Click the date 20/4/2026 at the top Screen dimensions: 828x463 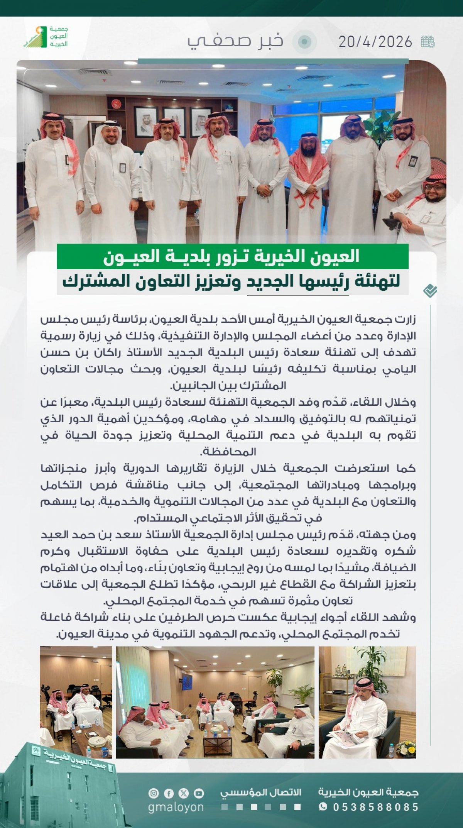tap(375, 42)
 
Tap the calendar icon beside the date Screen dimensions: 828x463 tap(428, 41)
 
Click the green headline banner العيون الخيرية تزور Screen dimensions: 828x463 tap(232, 257)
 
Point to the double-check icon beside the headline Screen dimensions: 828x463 tap(430, 291)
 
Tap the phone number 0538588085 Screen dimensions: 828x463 tap(376, 807)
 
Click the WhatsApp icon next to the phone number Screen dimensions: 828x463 tap(323, 807)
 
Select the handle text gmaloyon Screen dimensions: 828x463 tap(176, 807)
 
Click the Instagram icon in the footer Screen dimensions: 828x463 tap(154, 794)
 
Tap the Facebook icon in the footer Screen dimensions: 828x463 tap(169, 794)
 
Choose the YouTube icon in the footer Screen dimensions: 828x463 tap(199, 794)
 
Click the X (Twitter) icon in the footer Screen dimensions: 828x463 tap(184, 794)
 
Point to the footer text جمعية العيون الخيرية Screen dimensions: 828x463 tap(368, 792)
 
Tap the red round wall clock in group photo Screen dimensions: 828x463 tap(116, 104)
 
